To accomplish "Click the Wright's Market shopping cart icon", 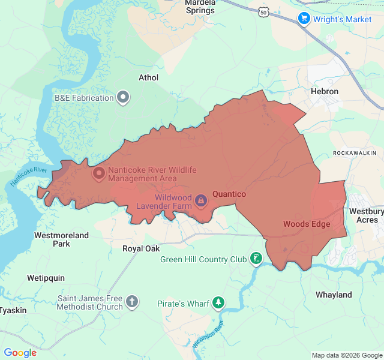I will point(304,19).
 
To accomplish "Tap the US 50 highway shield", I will point(264,11).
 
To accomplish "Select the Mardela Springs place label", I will point(200,7).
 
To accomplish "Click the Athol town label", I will point(149,77).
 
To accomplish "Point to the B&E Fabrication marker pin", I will point(123,97).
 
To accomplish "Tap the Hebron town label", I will point(325,91).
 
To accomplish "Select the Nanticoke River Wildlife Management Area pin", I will point(98,174).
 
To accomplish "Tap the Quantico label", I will point(229,194).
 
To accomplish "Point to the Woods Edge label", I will point(307,224).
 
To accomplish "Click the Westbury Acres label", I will point(366,215).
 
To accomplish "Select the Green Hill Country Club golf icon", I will point(256,259).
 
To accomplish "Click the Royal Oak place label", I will point(141,248).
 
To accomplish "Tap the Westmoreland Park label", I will point(61,239).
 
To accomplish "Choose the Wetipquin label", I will point(46,278).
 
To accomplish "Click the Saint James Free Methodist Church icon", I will point(132,302).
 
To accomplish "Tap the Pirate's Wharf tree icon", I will point(220,304).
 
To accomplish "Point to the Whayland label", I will point(334,295).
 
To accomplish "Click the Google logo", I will point(20,353).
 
